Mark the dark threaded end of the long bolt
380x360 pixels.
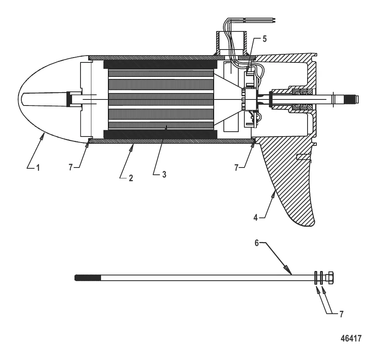87,278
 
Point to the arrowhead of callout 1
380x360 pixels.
42,138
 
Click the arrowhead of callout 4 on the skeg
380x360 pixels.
275,194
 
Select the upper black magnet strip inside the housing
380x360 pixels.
160,64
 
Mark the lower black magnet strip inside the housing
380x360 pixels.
160,134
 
